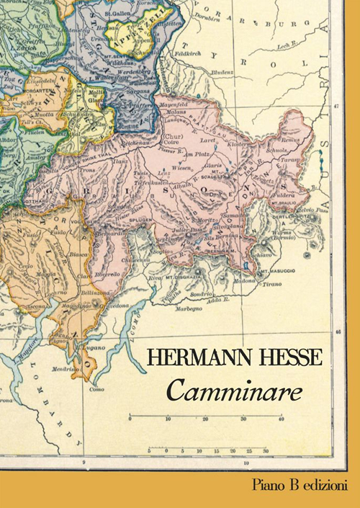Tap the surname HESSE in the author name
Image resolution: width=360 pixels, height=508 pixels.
coord(286,357)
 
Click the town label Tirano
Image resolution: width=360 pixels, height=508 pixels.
coord(271,285)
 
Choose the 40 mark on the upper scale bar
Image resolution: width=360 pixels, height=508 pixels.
coord(281,419)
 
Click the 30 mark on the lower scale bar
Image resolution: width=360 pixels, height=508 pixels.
coord(266,452)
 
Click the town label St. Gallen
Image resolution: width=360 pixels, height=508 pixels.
coord(116,13)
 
